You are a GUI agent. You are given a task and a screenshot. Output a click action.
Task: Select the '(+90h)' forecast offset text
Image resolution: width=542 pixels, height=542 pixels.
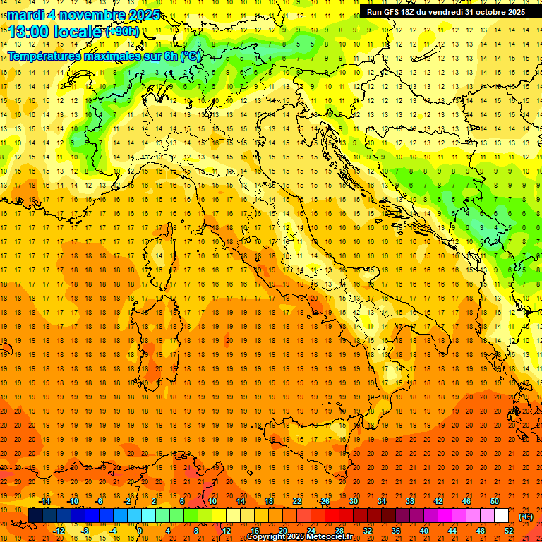click(x=122, y=32)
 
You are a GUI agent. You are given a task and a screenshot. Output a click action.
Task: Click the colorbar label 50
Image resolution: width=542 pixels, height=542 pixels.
click(x=494, y=501)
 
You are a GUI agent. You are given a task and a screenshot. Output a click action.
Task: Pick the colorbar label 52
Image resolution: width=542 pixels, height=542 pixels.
click(x=508, y=531)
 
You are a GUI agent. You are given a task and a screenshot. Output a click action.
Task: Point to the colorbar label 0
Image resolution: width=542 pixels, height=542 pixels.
click(x=140, y=531)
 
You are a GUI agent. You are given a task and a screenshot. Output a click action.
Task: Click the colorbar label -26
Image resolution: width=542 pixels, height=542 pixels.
click(x=324, y=501)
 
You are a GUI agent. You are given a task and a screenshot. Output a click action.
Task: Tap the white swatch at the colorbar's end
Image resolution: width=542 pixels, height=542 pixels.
click(x=501, y=516)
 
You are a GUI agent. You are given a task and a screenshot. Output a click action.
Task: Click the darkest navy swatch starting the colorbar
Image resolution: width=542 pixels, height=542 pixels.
click(x=35, y=516)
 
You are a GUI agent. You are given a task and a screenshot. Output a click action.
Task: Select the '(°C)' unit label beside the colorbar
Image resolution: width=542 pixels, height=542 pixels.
click(x=526, y=517)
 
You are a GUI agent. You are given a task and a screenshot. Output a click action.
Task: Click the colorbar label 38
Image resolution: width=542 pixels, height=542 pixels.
click(x=409, y=501)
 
